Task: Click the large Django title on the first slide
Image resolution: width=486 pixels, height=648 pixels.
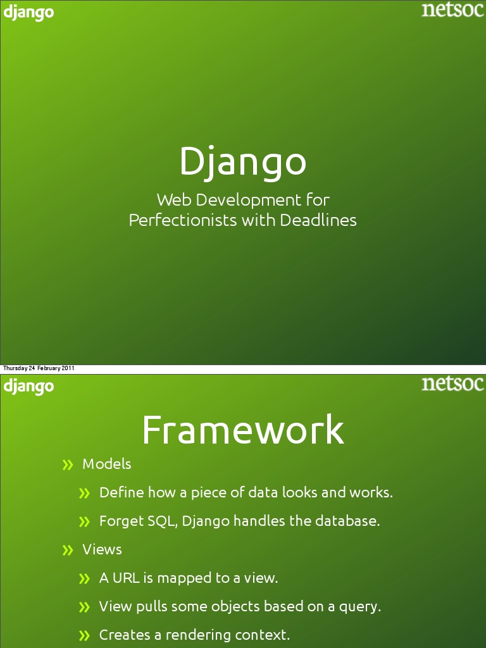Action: (242, 161)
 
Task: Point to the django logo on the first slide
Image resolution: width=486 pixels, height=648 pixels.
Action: (28, 13)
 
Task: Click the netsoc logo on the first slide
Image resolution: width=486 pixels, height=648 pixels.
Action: (452, 10)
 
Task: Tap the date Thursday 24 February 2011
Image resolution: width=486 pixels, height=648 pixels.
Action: (39, 368)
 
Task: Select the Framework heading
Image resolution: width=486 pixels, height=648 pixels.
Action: (242, 430)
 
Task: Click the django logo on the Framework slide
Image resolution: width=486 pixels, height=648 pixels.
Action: (28, 386)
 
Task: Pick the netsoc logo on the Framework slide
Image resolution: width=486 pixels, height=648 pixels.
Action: (452, 383)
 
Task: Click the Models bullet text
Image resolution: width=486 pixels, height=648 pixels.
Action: (107, 464)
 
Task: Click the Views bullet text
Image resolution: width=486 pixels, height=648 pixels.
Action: (103, 549)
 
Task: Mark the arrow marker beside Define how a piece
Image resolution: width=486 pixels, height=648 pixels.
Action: (85, 494)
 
